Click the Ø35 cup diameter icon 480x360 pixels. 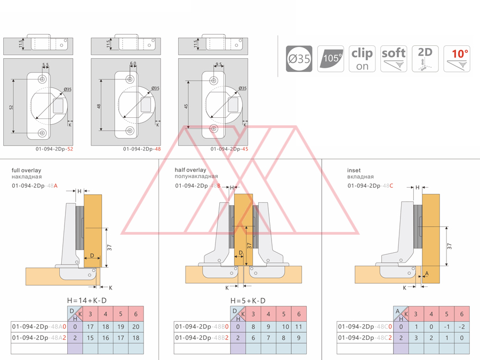pyautogui.click(x=299, y=59)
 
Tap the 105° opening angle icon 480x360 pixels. pyautogui.click(x=331, y=59)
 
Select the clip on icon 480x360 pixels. pyautogui.click(x=362, y=59)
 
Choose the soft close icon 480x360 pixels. pyautogui.click(x=394, y=59)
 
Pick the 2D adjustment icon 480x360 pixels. pyautogui.click(x=425, y=59)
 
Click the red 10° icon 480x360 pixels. pyautogui.click(x=457, y=59)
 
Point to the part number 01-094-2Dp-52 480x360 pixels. pyautogui.click(x=54, y=149)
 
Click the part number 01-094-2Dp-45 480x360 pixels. pyautogui.click(x=229, y=149)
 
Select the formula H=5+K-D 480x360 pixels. pyautogui.click(x=248, y=301)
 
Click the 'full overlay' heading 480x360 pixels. pyautogui.click(x=27, y=171)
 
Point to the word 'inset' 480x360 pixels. pyautogui.click(x=354, y=171)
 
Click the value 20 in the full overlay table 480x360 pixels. pyautogui.click(x=136, y=326)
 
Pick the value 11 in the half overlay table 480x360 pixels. pyautogui.click(x=299, y=326)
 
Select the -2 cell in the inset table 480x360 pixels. pyautogui.click(x=462, y=326)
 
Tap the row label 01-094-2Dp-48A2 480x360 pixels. pyautogui.click(x=38, y=338)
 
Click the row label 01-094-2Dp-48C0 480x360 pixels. pyautogui.click(x=364, y=326)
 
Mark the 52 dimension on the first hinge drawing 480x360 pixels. pyautogui.click(x=11, y=107)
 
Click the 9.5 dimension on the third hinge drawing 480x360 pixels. pyautogui.click(x=219, y=65)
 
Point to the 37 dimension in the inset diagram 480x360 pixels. pyautogui.click(x=449, y=246)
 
